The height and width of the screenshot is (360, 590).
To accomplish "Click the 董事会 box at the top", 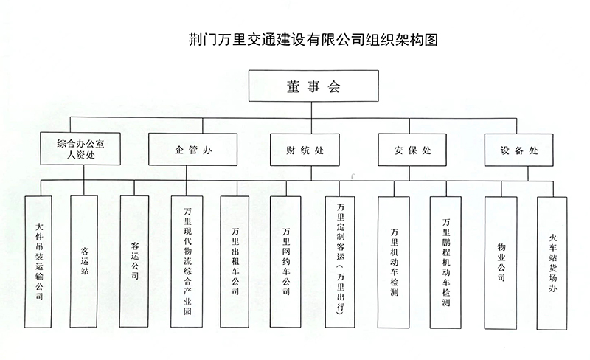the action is (x=313, y=86).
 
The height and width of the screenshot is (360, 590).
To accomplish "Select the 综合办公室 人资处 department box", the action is (x=80, y=149).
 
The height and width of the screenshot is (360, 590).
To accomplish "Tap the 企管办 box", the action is (x=192, y=150).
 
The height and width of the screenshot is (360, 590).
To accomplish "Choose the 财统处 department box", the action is (x=305, y=150).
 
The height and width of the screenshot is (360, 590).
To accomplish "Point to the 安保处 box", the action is (x=412, y=150).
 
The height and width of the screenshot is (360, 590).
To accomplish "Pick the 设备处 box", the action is (x=519, y=150).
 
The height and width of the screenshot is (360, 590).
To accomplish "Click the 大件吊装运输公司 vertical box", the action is (x=38, y=262).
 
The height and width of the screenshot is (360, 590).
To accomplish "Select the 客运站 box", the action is (x=84, y=261).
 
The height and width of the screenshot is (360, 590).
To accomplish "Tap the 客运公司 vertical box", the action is (x=134, y=261).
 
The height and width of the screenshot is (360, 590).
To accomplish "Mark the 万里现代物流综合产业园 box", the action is (x=187, y=262).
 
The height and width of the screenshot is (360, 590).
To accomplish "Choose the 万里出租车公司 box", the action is (x=235, y=262).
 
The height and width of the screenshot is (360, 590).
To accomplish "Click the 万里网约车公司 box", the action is (x=285, y=262).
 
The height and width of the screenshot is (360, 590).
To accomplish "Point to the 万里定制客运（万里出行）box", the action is (x=340, y=262).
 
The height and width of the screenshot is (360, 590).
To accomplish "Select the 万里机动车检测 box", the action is (x=394, y=263).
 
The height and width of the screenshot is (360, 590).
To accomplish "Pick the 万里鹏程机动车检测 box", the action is (x=446, y=263).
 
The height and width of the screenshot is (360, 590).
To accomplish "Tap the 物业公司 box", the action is (x=501, y=263).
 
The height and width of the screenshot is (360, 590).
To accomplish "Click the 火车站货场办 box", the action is (x=552, y=263).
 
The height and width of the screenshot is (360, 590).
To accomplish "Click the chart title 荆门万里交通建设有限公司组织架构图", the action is (x=313, y=40).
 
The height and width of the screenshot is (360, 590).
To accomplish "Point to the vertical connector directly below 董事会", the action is (x=311, y=110).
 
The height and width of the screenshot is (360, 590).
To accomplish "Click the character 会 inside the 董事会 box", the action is (x=334, y=86).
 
